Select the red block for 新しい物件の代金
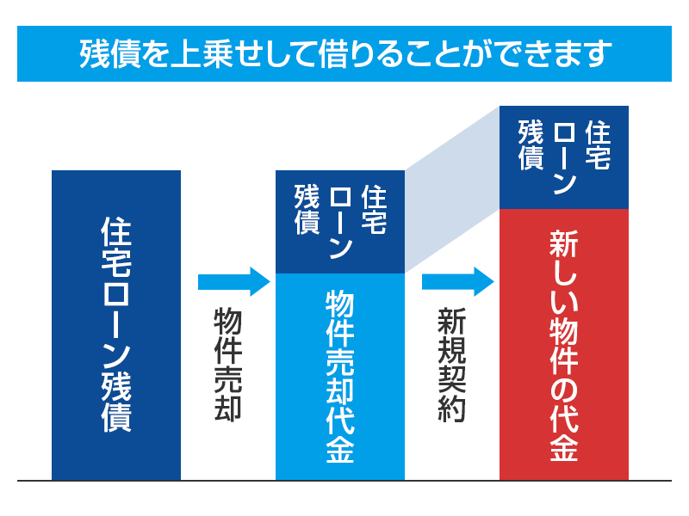[564, 344]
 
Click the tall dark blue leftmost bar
[116, 324]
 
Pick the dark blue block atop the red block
[564, 157]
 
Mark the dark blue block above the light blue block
[340, 222]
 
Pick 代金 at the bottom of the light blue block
[340, 439]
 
